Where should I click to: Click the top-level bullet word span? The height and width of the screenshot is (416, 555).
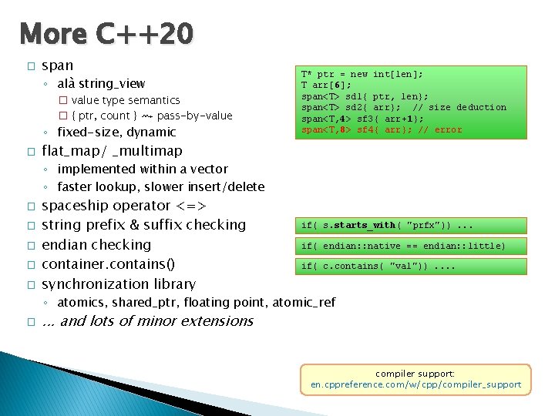pos(58,65)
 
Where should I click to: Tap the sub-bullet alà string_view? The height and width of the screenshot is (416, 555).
pos(101,83)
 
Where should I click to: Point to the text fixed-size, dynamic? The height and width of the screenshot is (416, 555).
pos(116,133)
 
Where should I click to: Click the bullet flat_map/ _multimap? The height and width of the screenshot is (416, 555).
pos(112,150)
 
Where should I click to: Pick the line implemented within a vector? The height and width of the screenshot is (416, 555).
pos(143,169)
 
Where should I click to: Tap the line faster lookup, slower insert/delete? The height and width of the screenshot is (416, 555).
pos(160,186)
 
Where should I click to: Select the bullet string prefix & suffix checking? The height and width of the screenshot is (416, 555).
pos(143,225)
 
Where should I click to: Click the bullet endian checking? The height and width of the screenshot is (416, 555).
pos(96,245)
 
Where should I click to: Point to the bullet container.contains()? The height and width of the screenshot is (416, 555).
pos(108,264)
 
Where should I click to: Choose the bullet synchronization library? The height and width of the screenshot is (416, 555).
pos(119,284)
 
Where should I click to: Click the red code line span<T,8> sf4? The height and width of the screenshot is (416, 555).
pos(381,129)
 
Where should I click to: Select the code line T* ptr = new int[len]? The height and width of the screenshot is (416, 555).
pos(362,75)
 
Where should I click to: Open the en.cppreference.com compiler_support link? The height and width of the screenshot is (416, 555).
pos(415,384)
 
